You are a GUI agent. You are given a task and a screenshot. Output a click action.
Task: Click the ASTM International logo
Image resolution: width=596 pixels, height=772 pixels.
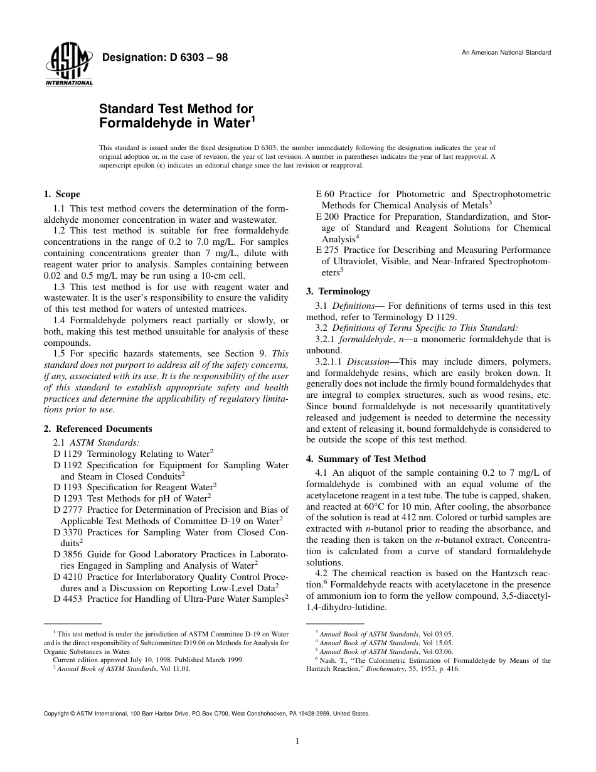[68, 65]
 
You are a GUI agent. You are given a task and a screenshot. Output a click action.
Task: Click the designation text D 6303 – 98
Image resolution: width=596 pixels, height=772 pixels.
[164, 58]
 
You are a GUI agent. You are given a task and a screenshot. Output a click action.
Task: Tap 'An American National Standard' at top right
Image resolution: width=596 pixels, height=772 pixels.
[506, 53]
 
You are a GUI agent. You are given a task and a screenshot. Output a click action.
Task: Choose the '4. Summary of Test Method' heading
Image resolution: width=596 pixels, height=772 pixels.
[366, 459]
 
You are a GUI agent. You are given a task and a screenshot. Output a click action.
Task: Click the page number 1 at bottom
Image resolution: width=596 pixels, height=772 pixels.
[297, 741]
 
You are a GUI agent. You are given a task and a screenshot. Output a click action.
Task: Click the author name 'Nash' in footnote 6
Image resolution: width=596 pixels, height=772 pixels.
[328, 660]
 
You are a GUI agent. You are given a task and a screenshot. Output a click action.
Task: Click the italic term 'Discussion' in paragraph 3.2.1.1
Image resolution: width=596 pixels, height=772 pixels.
[364, 362]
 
